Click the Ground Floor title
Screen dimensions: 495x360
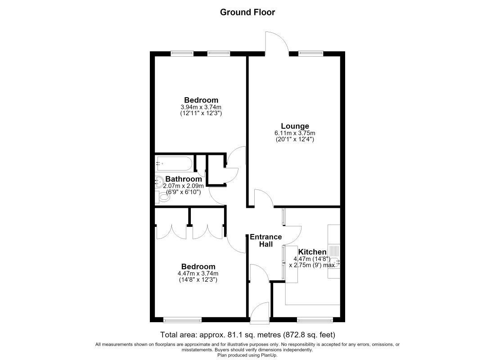tap(247, 12)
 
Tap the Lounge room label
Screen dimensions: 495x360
tap(295, 126)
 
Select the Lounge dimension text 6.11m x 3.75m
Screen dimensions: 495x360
tap(295, 133)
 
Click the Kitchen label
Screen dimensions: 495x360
tap(312, 252)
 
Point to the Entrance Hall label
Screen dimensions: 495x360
tap(266, 240)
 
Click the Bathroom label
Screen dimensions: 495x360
tap(184, 179)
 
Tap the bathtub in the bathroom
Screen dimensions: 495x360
tap(173, 164)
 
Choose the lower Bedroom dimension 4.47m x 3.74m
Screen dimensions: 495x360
tap(198, 274)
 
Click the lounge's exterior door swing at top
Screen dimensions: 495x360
tap(277, 43)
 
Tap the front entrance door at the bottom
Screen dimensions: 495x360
tap(260, 313)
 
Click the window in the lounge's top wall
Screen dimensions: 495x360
tap(311, 54)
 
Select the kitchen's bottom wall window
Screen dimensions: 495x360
tap(315, 320)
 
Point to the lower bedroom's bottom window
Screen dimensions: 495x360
tap(182, 320)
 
